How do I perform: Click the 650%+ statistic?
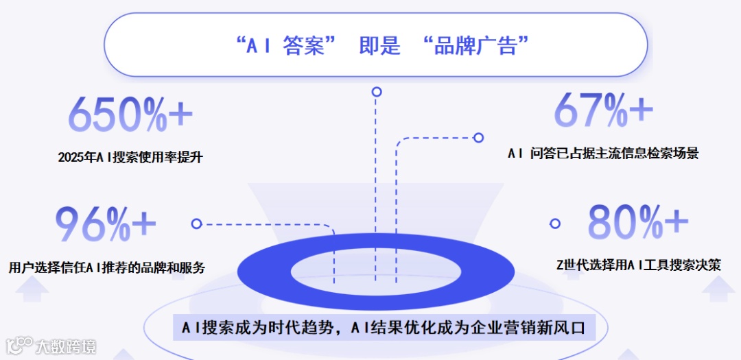click(x=130, y=114)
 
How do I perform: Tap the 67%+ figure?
click(x=603, y=110)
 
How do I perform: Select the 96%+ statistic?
click(x=106, y=224)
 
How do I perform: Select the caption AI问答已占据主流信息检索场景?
click(x=603, y=154)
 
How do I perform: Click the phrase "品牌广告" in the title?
click(x=476, y=47)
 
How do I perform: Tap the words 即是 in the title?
click(x=379, y=47)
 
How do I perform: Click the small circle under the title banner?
click(x=376, y=91)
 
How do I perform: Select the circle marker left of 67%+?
click(x=478, y=138)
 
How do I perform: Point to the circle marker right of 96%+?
click(x=196, y=224)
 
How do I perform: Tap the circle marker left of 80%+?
click(x=555, y=224)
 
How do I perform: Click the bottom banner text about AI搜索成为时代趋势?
click(x=384, y=328)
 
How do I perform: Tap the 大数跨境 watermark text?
click(x=66, y=346)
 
